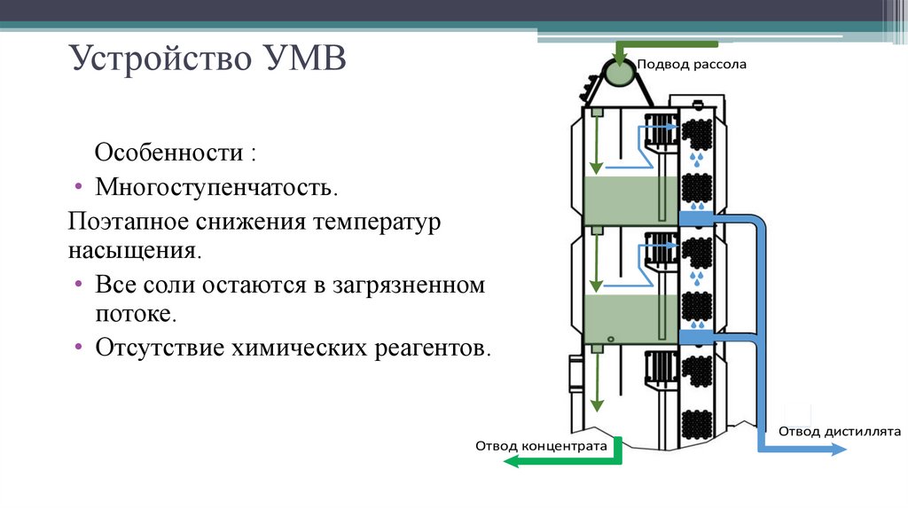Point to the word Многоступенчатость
[x=216, y=188]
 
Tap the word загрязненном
[x=408, y=286]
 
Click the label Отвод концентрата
[x=541, y=446]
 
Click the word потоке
[x=136, y=313]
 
